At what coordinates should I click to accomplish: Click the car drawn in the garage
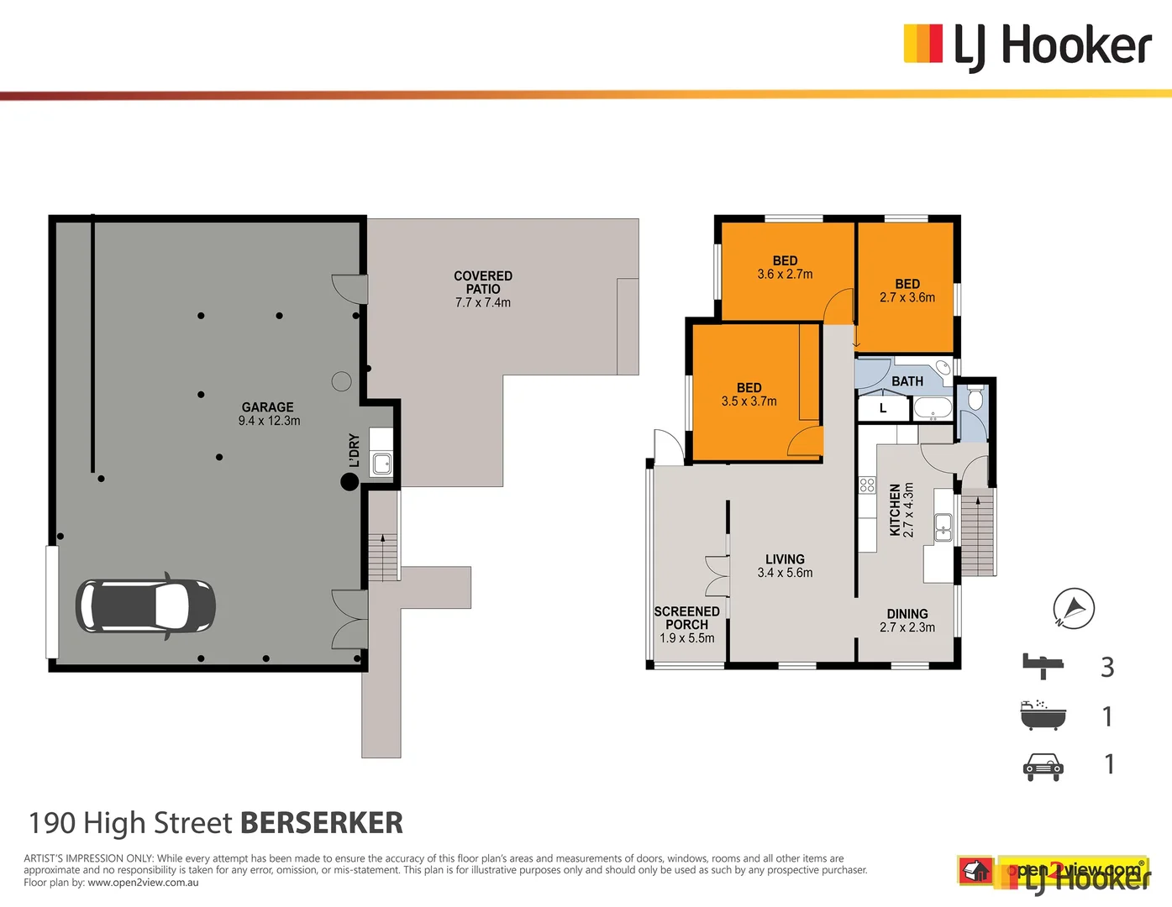click(x=145, y=606)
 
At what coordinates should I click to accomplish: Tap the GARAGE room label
click(x=268, y=407)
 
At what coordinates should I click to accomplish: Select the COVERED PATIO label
click(x=483, y=282)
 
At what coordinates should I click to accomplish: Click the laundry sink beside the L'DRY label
click(x=382, y=463)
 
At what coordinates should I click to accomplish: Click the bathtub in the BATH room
click(x=932, y=409)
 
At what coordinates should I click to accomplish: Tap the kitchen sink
click(x=943, y=527)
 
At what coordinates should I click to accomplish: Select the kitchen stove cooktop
click(x=867, y=485)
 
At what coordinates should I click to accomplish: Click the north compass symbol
click(x=1074, y=608)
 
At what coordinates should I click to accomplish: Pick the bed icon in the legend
click(x=1043, y=666)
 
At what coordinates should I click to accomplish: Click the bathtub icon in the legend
click(x=1043, y=716)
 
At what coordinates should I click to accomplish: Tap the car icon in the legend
click(x=1043, y=766)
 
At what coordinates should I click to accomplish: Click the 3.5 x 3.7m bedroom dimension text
click(x=749, y=401)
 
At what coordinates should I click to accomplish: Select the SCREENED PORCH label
click(x=687, y=618)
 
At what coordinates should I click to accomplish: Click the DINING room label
click(x=907, y=614)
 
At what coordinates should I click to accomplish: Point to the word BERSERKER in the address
click(x=322, y=823)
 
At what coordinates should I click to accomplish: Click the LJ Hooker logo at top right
click(x=1027, y=45)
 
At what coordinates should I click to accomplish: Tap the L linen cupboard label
click(x=883, y=409)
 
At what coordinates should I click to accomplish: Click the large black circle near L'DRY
click(x=349, y=481)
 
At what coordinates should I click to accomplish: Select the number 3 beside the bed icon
click(x=1107, y=667)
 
